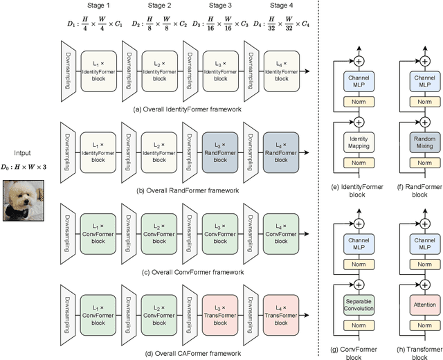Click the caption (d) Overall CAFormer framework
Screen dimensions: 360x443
click(183, 354)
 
